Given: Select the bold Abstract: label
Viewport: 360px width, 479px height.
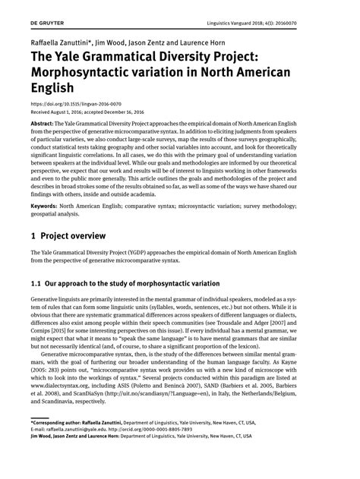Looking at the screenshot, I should [x=45, y=123].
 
